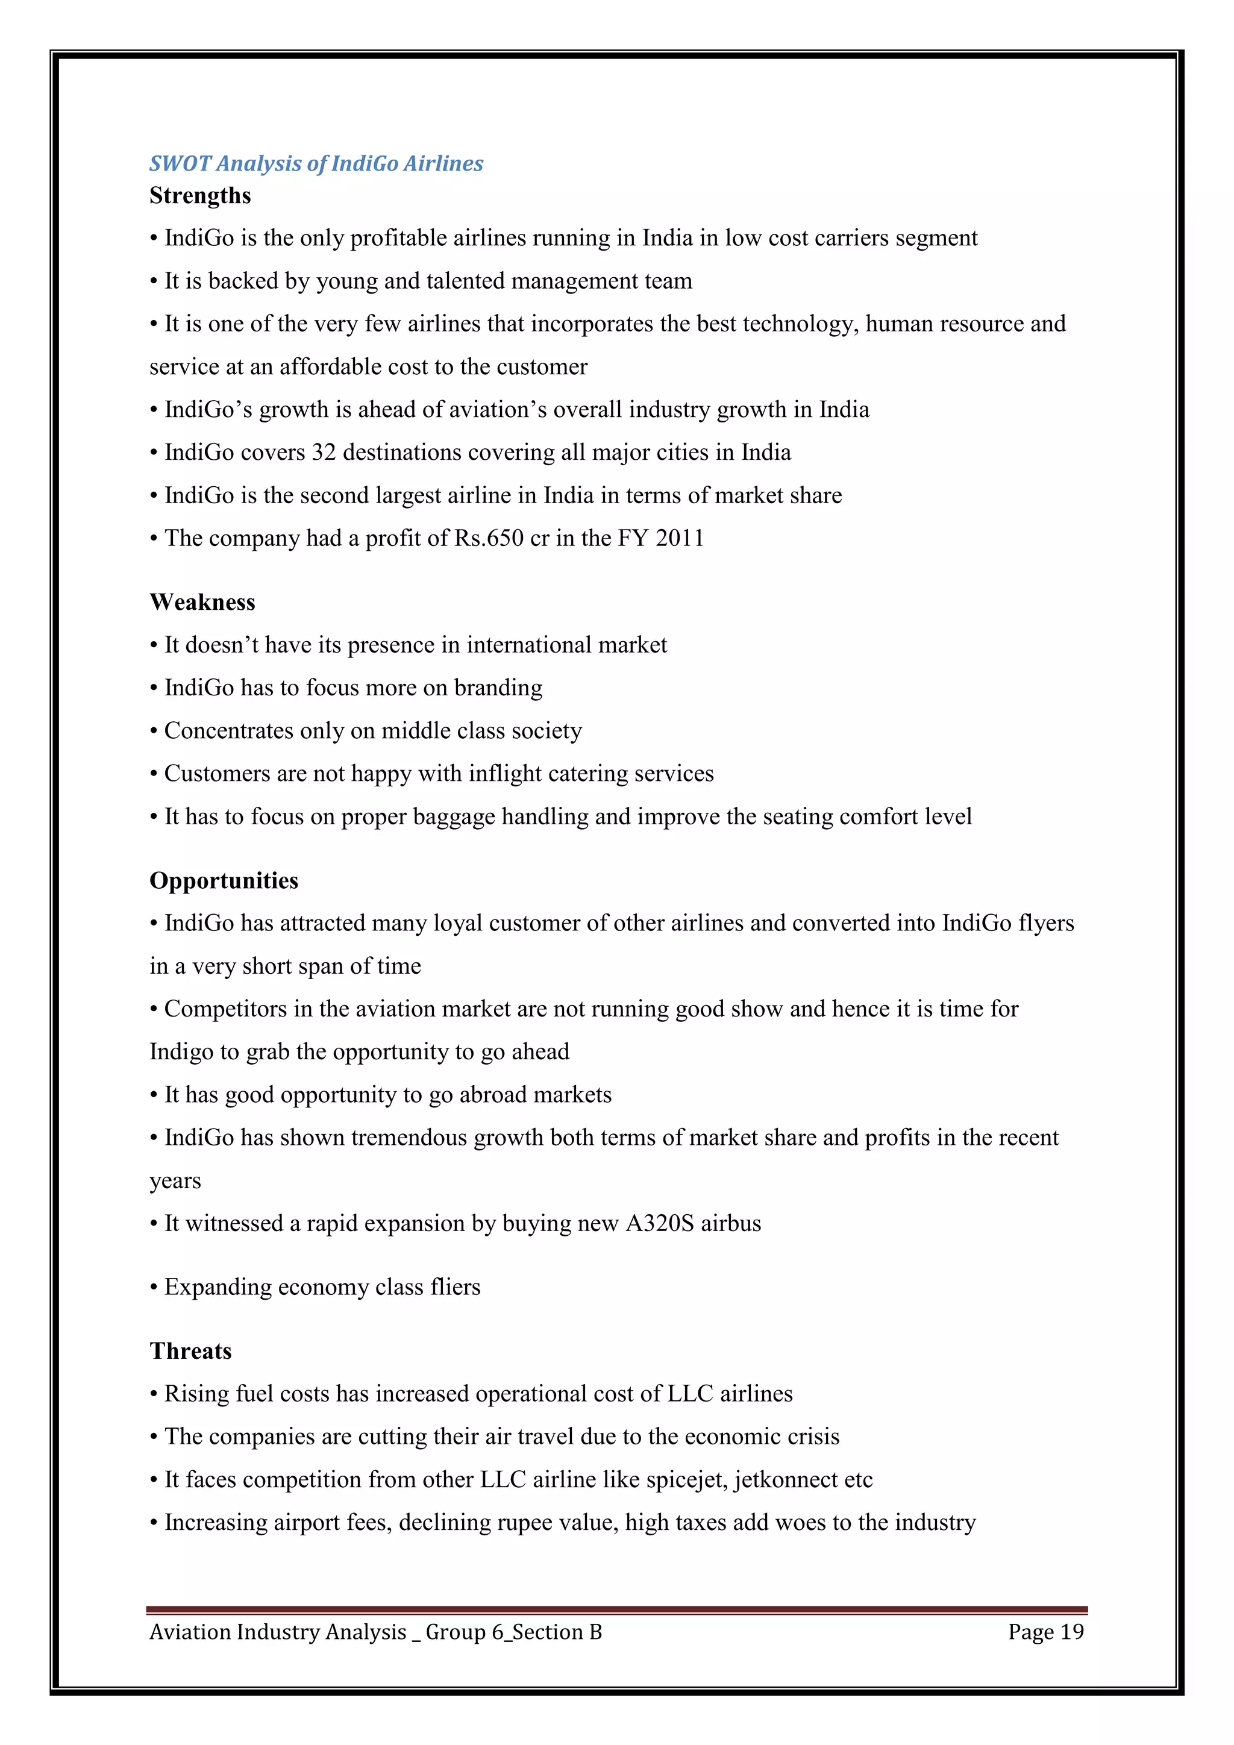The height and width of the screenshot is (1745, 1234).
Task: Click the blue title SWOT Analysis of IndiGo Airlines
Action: click(x=316, y=163)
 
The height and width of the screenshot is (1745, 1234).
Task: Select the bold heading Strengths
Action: click(x=200, y=196)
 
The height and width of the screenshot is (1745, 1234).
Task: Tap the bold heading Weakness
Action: click(x=202, y=603)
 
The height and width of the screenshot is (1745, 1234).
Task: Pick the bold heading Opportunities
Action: click(x=224, y=881)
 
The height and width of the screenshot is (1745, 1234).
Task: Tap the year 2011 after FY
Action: click(x=680, y=538)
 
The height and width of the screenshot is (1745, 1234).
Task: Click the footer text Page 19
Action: click(x=1045, y=1632)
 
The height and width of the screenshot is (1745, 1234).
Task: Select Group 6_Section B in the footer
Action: click(x=513, y=1632)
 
